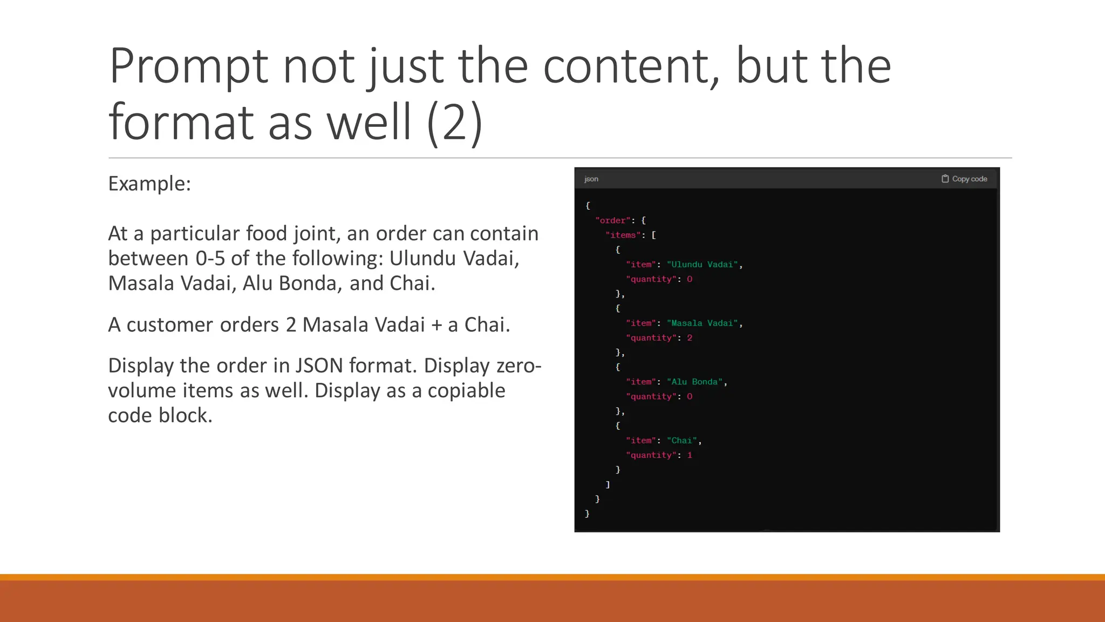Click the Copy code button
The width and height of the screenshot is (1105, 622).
965,179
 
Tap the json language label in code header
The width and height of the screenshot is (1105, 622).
591,179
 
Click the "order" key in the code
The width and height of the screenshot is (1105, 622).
613,220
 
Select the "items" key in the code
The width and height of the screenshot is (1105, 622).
623,235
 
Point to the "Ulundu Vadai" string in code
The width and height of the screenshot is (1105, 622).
702,265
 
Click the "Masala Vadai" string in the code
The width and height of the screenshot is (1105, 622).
702,323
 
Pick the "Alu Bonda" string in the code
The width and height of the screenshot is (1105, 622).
694,382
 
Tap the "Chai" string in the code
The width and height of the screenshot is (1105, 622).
682,441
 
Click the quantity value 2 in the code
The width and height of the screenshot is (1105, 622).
690,338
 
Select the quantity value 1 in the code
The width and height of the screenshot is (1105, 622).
690,455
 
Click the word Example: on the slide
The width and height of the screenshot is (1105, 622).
149,184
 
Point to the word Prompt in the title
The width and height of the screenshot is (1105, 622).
188,66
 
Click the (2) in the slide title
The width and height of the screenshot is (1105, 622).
454,122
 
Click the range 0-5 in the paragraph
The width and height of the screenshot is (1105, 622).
210,259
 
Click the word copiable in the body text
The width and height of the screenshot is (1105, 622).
466,391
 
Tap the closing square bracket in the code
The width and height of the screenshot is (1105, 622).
608,484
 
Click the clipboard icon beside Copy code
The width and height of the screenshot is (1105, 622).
945,179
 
